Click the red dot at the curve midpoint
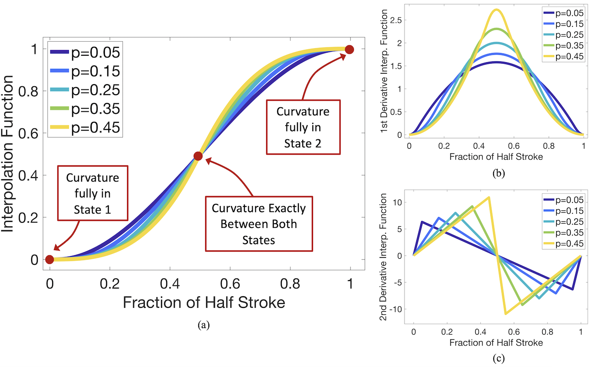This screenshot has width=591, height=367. [x=198, y=156]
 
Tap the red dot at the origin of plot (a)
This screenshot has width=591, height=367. [x=50, y=260]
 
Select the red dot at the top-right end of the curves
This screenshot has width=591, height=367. [x=349, y=49]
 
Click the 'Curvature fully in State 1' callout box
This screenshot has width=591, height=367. [x=93, y=193]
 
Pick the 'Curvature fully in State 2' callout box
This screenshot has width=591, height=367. [x=303, y=127]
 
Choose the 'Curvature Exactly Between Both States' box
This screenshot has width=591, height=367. [x=259, y=224]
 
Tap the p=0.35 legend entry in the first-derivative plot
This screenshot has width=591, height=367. [x=563, y=46]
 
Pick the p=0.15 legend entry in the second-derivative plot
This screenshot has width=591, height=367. [x=563, y=210]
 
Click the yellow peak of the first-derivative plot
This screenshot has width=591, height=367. [x=496, y=10]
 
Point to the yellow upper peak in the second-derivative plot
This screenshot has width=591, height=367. [x=489, y=197]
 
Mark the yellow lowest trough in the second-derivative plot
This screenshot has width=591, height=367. [x=505, y=314]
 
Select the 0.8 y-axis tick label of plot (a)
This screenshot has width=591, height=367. [x=28, y=92]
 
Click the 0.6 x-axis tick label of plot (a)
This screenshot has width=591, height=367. [x=230, y=284]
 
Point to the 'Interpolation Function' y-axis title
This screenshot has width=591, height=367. [x=7, y=154]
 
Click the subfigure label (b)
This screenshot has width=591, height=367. [x=498, y=173]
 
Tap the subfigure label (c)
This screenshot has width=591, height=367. [x=498, y=358]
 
